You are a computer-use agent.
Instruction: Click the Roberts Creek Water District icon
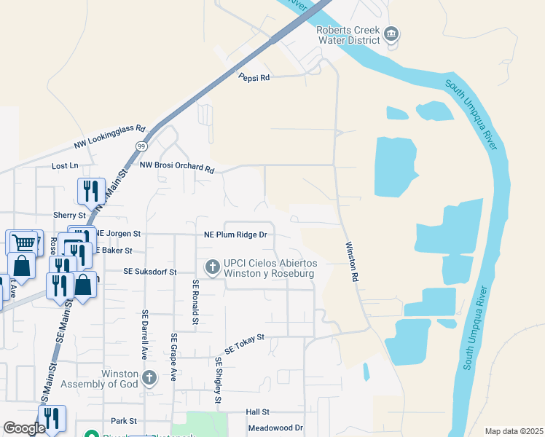[391, 34]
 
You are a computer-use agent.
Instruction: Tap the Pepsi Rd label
[254, 77]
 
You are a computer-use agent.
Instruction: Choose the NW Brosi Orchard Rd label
[178, 168]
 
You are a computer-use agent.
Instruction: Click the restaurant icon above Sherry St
[91, 191]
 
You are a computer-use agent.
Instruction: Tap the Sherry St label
[69, 216]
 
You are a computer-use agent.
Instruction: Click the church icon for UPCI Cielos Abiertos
[212, 267]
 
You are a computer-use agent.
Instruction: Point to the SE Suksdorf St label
[150, 272]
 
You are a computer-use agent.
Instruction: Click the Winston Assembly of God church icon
[149, 378]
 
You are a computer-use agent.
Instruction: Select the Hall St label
[258, 412]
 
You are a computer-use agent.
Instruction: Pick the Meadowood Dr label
[275, 428]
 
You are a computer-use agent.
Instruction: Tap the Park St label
[124, 421]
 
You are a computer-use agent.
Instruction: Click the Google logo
[24, 428]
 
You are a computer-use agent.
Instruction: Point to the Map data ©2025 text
[513, 431]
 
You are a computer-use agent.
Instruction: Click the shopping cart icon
[24, 243]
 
